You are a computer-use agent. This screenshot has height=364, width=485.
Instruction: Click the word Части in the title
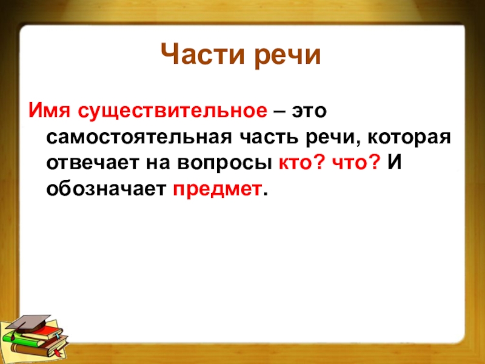pos(204,55)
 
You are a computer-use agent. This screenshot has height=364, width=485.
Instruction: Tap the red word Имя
pos(50,110)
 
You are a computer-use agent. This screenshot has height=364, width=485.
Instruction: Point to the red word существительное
pos(172,112)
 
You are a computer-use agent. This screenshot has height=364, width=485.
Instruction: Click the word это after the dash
pos(309,112)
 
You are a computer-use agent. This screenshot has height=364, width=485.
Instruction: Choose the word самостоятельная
pos(139,137)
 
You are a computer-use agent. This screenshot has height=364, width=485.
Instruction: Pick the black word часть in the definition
pos(269,137)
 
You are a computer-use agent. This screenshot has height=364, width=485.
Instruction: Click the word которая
pos(409,138)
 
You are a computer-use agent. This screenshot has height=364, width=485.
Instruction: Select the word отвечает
pos(93,163)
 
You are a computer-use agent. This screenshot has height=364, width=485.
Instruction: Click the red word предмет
pos(217,189)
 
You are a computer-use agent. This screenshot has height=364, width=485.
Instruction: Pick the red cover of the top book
pos(49,330)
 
